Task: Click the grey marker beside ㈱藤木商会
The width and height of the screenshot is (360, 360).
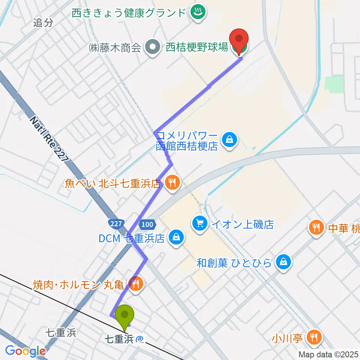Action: coord(153,48)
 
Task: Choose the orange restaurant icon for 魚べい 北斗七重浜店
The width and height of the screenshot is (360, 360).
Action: coord(172,183)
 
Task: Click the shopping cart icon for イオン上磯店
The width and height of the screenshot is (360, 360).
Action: coord(199,224)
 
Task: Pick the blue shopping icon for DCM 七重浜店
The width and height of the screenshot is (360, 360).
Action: coord(175,237)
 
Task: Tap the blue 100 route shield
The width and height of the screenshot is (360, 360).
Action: coord(147,224)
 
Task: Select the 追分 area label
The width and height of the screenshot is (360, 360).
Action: coord(42,22)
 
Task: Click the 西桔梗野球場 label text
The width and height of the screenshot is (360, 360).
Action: coord(197,48)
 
